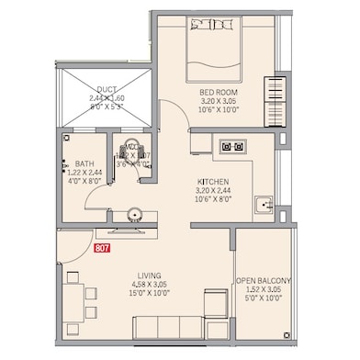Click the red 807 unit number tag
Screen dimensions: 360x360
102,246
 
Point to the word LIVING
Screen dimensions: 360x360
151,276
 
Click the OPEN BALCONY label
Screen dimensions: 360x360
264,280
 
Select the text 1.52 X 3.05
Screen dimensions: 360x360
264,291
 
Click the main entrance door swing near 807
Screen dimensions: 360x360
73,248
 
